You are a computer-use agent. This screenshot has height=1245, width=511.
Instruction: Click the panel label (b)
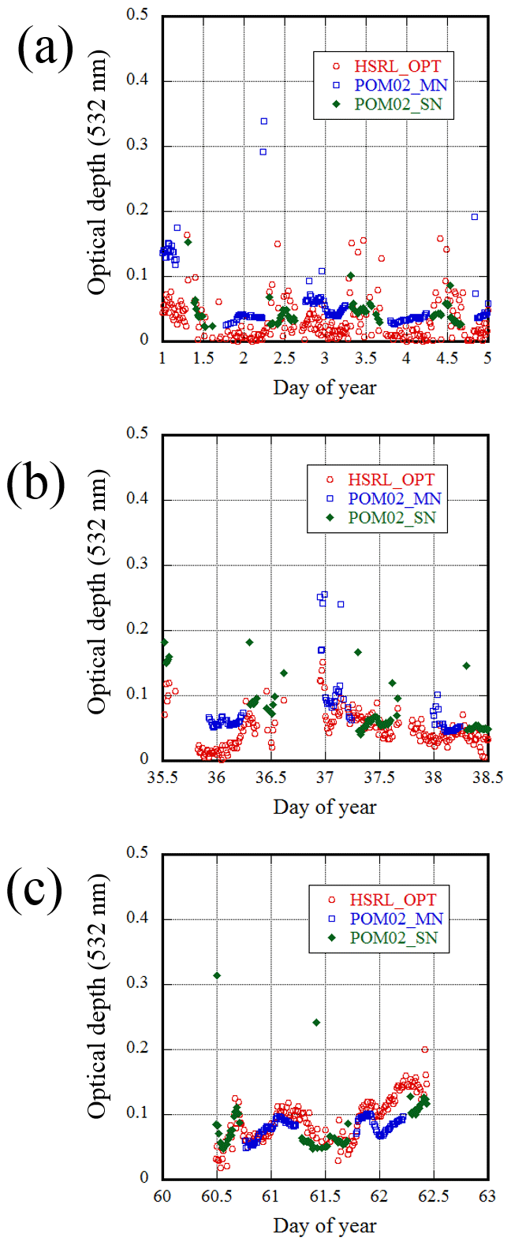(x=36, y=483)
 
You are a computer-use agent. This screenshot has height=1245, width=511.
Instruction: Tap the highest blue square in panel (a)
(x=264, y=121)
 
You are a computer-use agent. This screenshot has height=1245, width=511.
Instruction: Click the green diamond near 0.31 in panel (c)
(x=217, y=975)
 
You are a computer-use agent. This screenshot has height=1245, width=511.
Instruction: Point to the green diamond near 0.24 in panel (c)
(x=316, y=1022)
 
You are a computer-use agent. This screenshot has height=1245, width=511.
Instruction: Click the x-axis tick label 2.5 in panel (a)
(x=284, y=359)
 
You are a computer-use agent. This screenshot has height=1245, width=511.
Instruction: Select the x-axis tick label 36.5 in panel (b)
(x=270, y=777)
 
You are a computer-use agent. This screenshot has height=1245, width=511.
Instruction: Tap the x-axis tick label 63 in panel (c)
(x=487, y=1197)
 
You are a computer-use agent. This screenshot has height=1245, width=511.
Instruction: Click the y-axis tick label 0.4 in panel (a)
(x=138, y=80)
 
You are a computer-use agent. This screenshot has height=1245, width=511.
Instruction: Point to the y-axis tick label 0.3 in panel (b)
(x=138, y=565)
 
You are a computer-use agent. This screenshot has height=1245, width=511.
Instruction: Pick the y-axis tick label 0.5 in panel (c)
(x=138, y=853)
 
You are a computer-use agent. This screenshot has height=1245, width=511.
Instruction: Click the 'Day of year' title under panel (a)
(x=324, y=387)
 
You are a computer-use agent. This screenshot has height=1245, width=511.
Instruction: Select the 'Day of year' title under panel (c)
(x=324, y=1225)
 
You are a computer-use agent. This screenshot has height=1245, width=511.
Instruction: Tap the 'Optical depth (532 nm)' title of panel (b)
(x=97, y=593)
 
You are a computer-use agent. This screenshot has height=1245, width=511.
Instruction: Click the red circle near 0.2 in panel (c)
(x=425, y=1049)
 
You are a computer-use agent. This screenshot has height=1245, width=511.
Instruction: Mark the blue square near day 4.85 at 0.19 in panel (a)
(x=475, y=217)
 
